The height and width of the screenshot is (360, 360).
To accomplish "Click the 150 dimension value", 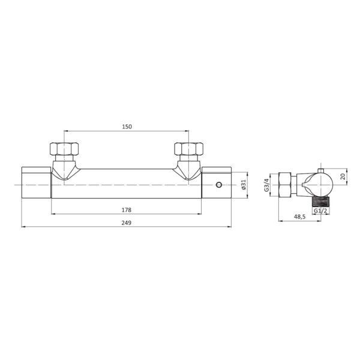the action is tap(127, 127).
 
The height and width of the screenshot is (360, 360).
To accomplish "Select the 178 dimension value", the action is tap(127, 210).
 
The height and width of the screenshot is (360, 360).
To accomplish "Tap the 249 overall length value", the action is tap(127, 223).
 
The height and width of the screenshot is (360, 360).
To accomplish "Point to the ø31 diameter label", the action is tap(244, 184).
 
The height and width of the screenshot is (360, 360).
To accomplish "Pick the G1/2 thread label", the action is tap(320, 211).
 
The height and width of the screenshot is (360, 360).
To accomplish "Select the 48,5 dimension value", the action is tap(299, 217).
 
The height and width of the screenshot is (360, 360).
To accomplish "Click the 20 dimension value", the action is tap(343, 176).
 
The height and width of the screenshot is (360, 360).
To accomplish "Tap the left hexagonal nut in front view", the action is tap(64, 149).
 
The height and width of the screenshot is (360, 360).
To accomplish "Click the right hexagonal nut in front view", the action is tap(189, 149).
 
